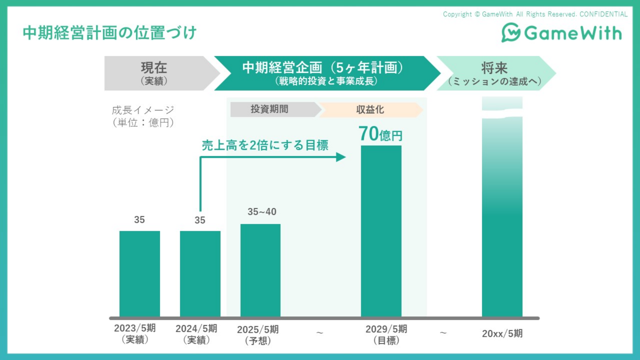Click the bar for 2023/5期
pos(140,274)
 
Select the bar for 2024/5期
pos(200,274)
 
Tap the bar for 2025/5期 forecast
pos(260,270)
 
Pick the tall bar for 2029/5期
pos(381,231)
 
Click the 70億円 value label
pos(380,134)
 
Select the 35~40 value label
pos(262,212)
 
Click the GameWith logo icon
pos(511,32)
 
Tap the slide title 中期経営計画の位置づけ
pos(110,33)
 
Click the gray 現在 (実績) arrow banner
pos(156,73)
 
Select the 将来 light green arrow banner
pos(495,73)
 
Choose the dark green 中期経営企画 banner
pos(324,73)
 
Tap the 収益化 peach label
pos(370,110)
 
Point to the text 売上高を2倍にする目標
pos(265,145)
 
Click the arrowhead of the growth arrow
pos(341,157)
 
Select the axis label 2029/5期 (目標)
pos(386,334)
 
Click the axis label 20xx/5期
pos(502,334)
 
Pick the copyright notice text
pos(535,14)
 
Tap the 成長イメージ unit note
pos(143,116)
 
